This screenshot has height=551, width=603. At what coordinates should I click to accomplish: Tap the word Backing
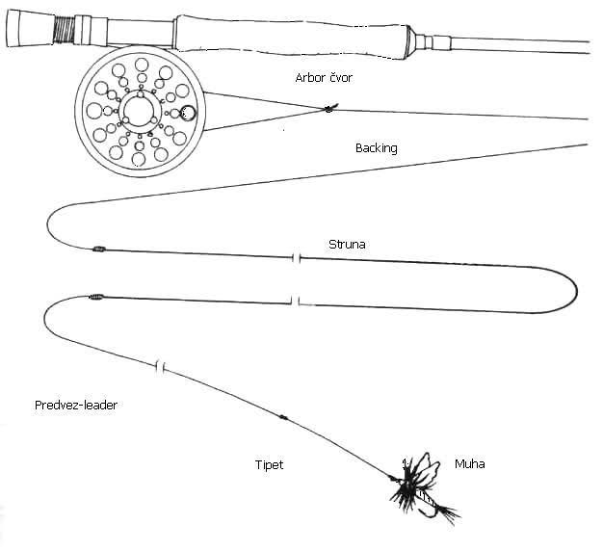click(376, 148)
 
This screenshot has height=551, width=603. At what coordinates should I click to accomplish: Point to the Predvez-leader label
click(75, 407)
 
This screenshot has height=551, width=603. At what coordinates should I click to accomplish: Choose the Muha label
click(470, 464)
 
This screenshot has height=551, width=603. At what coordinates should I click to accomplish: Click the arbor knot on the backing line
click(328, 110)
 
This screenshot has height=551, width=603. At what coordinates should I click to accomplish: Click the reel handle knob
click(188, 114)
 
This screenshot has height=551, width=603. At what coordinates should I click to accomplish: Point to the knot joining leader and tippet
click(284, 419)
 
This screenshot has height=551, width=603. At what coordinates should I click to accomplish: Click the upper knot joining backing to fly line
click(97, 249)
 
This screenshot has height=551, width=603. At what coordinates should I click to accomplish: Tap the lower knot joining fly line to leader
click(95, 297)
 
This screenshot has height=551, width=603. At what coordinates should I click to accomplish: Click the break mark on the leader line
click(162, 366)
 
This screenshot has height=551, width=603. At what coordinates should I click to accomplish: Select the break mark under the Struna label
click(297, 258)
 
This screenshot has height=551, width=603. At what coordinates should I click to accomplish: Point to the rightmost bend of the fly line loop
click(576, 290)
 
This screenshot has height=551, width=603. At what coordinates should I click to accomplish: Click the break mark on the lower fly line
click(296, 302)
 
